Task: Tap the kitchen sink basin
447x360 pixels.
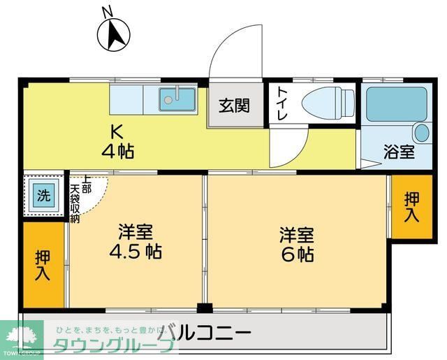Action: click(177, 99)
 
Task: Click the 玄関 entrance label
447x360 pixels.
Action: click(235, 107)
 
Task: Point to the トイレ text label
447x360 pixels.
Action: click(281, 105)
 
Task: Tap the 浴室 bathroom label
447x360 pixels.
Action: click(400, 151)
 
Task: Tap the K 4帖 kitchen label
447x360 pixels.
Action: click(119, 141)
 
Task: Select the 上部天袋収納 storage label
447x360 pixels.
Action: click(80, 198)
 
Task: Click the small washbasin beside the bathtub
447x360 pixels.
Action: click(422, 132)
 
